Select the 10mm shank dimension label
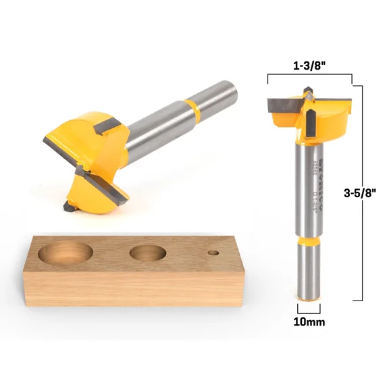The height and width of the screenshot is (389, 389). tap(310, 322)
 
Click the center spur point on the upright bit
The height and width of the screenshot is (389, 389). tap(309, 95)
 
